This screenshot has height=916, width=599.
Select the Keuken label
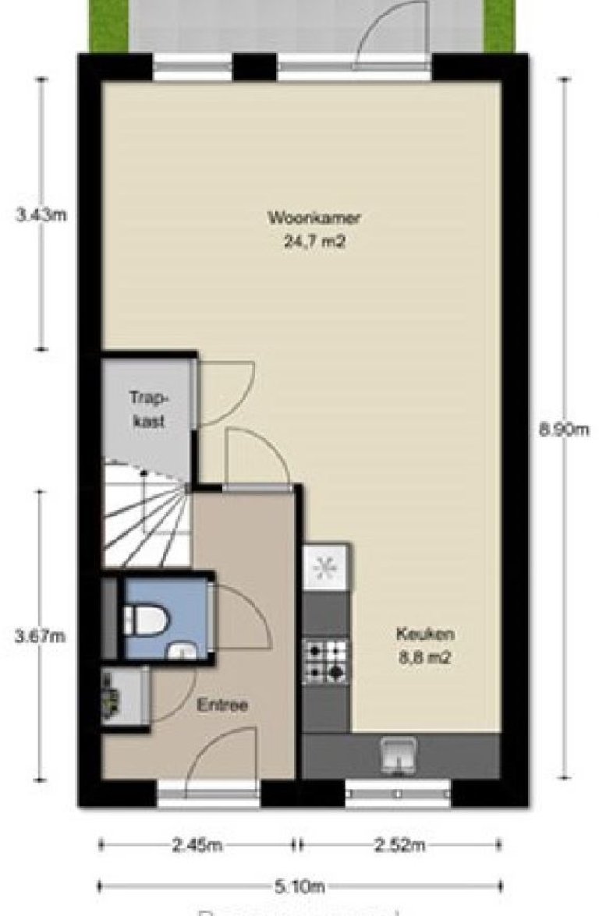point(424,634)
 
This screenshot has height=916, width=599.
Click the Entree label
point(222,706)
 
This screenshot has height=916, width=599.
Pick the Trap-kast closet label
point(148,408)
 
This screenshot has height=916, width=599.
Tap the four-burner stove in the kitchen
point(326,661)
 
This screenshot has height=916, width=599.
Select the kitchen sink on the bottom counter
point(399,754)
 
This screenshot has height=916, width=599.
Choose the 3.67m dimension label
point(41,636)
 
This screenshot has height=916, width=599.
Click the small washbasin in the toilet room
point(183,651)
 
